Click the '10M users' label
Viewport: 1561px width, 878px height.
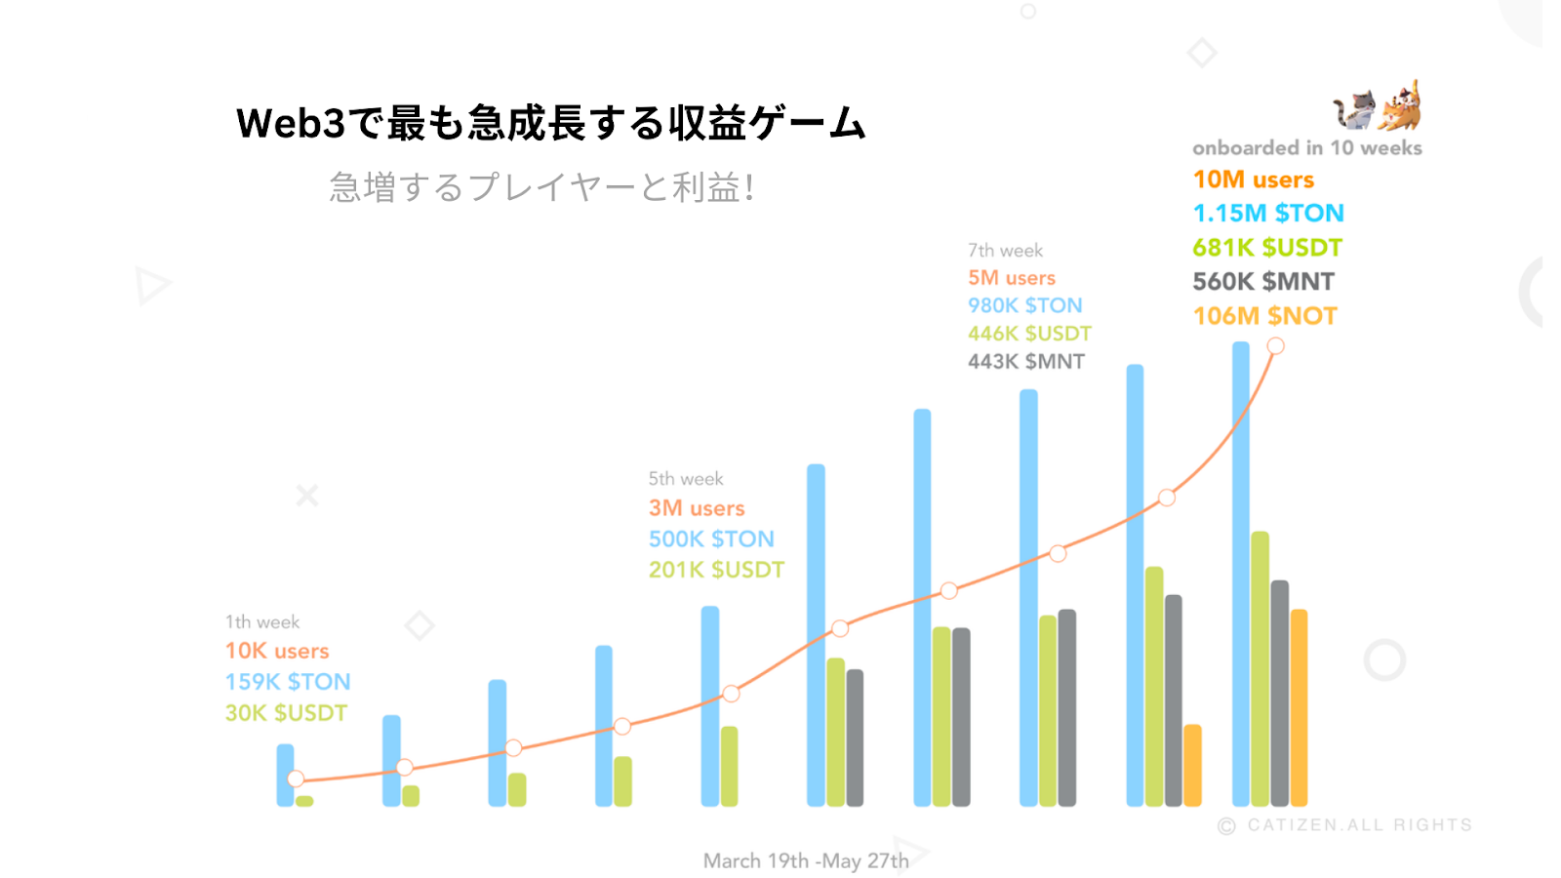[1253, 180]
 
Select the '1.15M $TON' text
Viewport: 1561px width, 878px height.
[1268, 214]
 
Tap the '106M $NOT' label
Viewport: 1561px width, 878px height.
[1264, 316]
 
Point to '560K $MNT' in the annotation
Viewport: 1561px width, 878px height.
[1263, 282]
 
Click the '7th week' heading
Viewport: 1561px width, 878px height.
[1005, 251]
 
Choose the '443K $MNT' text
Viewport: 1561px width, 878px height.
[1025, 362]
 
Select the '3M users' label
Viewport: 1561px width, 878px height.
[697, 508]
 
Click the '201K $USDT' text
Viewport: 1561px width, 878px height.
[716, 570]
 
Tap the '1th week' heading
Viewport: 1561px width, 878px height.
[262, 622]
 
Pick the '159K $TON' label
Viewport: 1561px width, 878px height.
[288, 682]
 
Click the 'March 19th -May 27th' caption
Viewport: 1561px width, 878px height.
[806, 860]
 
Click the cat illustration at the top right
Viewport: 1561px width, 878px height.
[1378, 106]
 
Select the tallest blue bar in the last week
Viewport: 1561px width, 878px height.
[1240, 576]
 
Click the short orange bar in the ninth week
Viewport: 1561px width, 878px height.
[1192, 766]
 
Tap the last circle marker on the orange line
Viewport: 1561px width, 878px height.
[1275, 346]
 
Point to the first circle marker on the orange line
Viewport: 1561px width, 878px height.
[296, 778]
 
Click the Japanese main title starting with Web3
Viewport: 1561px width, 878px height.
[550, 124]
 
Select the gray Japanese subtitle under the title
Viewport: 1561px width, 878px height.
[541, 187]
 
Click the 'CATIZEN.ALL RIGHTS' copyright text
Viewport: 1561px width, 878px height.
[1358, 825]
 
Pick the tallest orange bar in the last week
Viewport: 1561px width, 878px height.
[1299, 707]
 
